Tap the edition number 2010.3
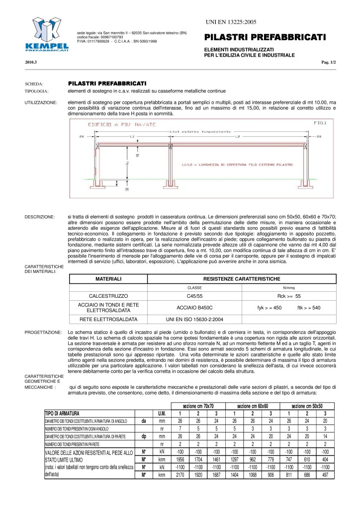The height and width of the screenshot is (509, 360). [x=31, y=62]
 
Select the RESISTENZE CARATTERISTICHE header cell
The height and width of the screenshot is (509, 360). [x=242, y=279]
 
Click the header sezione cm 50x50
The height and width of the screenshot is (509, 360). [x=306, y=406]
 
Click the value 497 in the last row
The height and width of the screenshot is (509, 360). [x=325, y=475]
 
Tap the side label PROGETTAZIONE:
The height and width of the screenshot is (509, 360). [x=43, y=332]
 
